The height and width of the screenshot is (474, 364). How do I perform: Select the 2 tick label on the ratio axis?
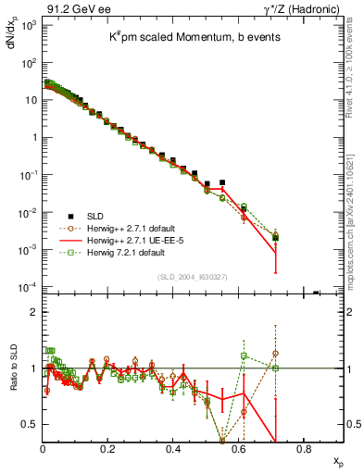tap(33, 312)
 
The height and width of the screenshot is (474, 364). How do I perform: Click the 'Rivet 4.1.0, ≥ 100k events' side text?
tap(355, 69)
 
